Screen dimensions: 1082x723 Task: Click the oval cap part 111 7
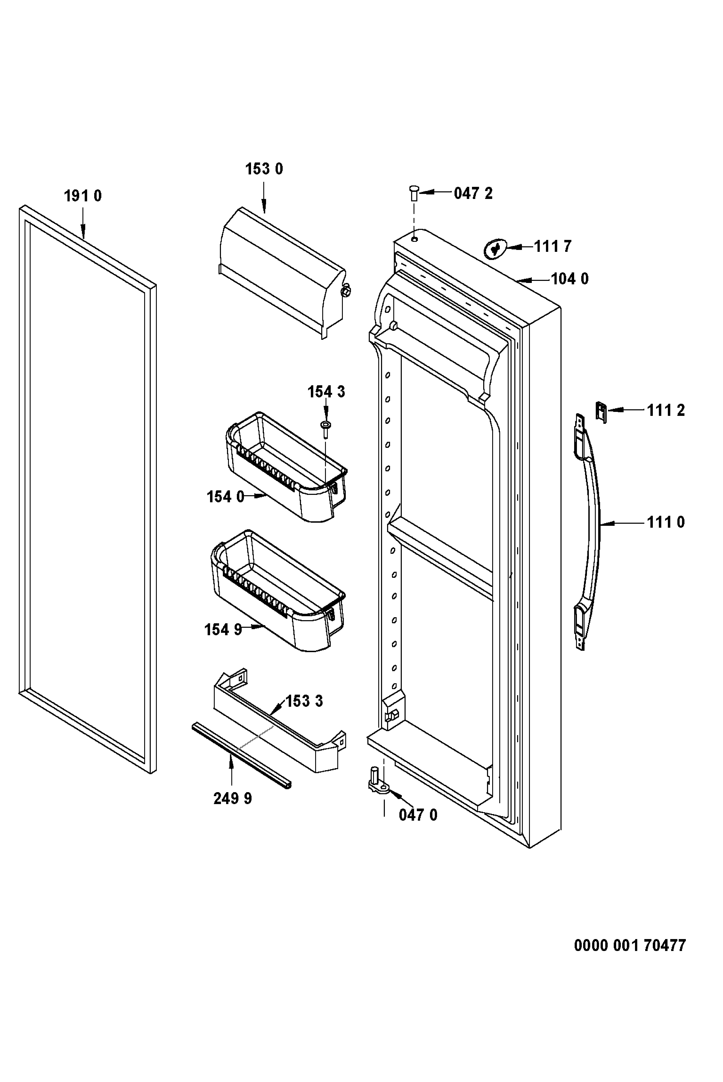pos(495,249)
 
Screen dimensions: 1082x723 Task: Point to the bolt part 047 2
pos(414,193)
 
